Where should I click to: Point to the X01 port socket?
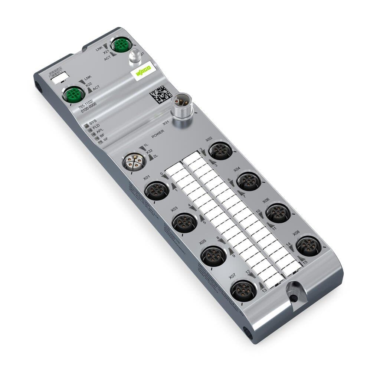[x=157, y=190]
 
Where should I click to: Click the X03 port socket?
[x=185, y=222]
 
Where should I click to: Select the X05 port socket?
[x=213, y=255]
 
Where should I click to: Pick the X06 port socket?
[x=278, y=213]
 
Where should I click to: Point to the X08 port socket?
[x=309, y=245]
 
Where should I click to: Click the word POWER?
[x=158, y=132]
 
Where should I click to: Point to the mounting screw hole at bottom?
[x=294, y=298]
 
